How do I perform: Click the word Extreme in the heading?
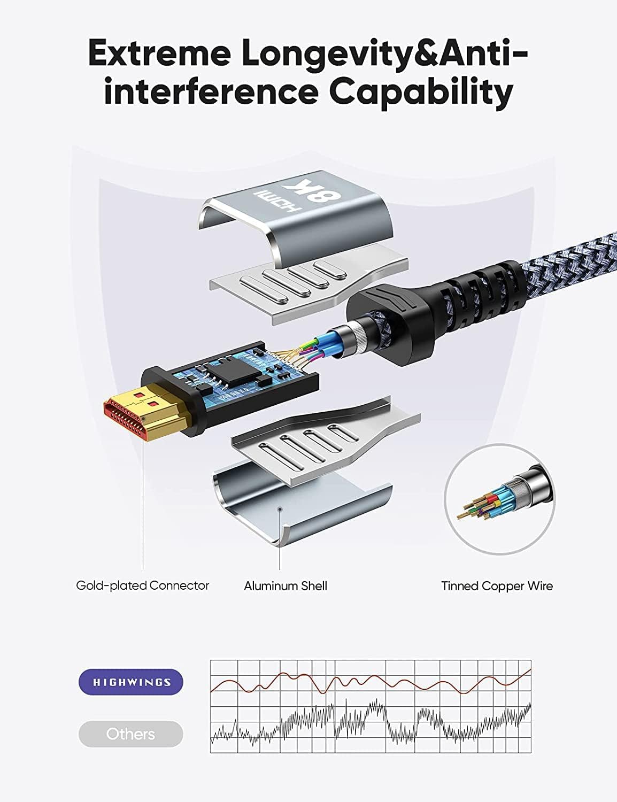[159, 54]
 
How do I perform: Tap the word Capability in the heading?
[421, 94]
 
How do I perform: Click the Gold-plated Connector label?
[142, 585]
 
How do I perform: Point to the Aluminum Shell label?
[286, 586]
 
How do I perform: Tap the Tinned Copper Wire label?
[497, 586]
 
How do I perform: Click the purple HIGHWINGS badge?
[130, 682]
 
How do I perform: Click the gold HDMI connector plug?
[148, 410]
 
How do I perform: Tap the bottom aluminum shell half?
[302, 507]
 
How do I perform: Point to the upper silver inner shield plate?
[308, 288]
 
